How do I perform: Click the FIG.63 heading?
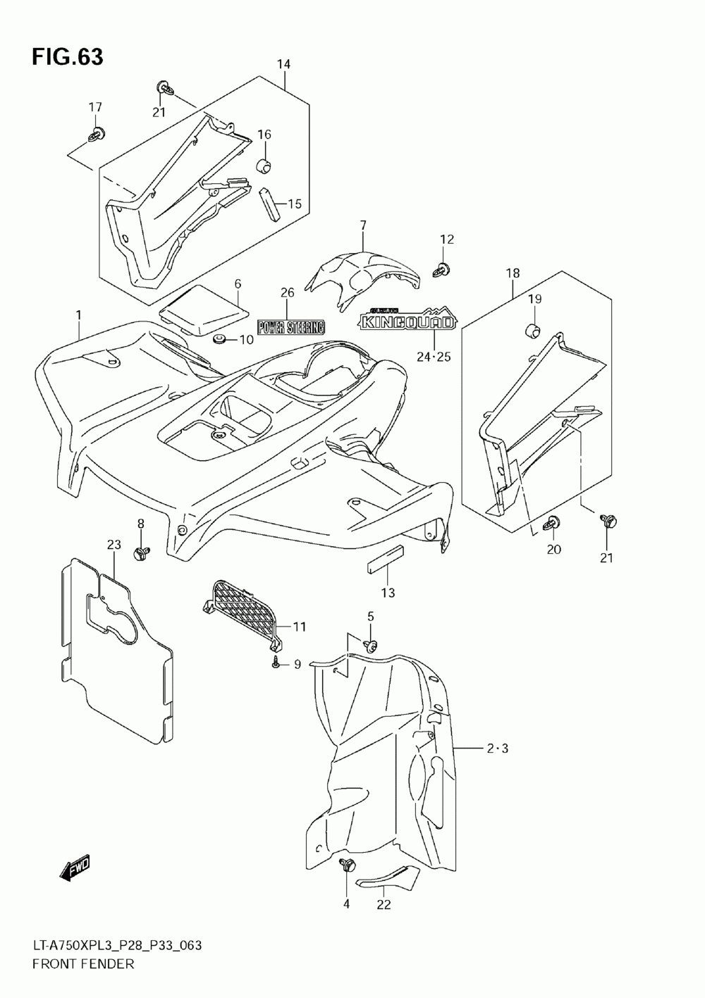[67, 57]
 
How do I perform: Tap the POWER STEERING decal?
[290, 327]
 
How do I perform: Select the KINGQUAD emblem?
[407, 321]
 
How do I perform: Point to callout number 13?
[388, 592]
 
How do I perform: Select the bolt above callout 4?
[346, 865]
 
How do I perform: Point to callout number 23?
[114, 545]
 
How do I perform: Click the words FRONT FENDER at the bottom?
[82, 963]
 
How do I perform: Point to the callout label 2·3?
[496, 748]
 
